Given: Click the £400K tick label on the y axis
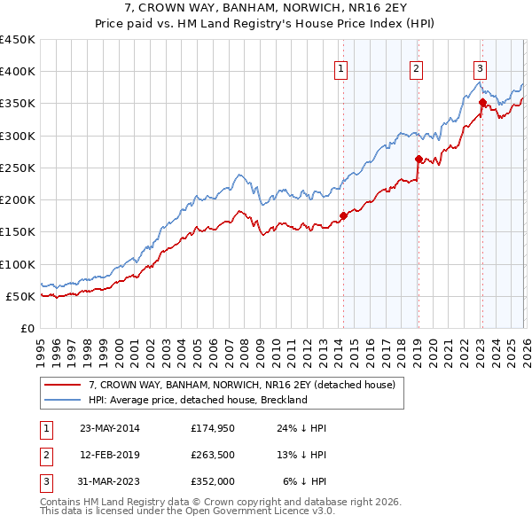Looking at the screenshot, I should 18,72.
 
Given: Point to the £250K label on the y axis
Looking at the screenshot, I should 18,168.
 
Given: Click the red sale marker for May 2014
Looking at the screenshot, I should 343,215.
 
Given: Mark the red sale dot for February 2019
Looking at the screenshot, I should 418,159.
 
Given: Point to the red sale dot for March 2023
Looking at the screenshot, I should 481,102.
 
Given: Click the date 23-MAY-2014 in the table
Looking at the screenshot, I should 110,428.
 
